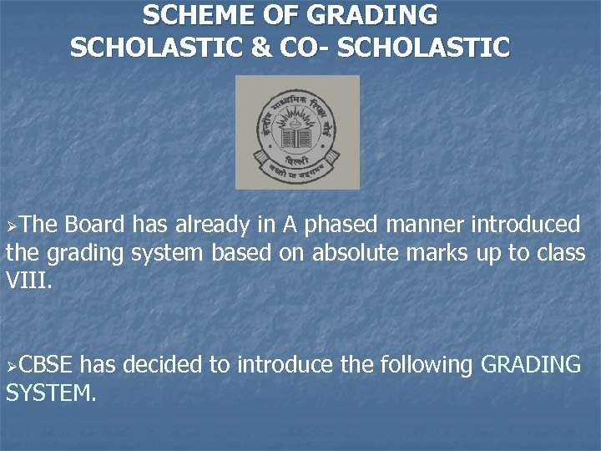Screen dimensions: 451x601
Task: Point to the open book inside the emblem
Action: coord(297,138)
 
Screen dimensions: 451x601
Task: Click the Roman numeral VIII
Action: coord(28,281)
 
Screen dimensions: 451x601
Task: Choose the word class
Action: coord(561,253)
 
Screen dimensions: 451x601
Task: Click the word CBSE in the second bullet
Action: coord(47,365)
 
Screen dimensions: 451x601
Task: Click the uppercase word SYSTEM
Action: coord(50,393)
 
